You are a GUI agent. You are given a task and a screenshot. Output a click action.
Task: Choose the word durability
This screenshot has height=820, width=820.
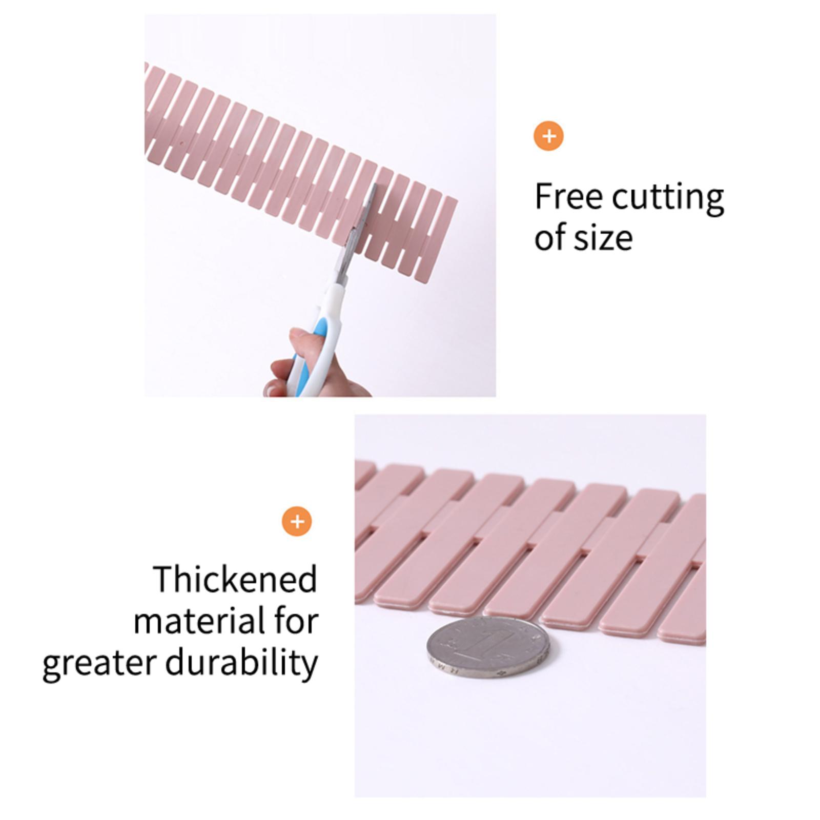tap(241, 663)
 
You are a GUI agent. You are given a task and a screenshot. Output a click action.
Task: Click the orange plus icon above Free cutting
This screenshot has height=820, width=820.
tap(548, 136)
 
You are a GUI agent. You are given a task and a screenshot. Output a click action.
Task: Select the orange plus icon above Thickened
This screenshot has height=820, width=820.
tap(297, 522)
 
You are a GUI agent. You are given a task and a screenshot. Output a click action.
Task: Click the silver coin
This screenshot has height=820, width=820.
tap(491, 648)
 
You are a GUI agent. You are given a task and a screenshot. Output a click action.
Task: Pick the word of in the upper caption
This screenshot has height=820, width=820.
tap(549, 237)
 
